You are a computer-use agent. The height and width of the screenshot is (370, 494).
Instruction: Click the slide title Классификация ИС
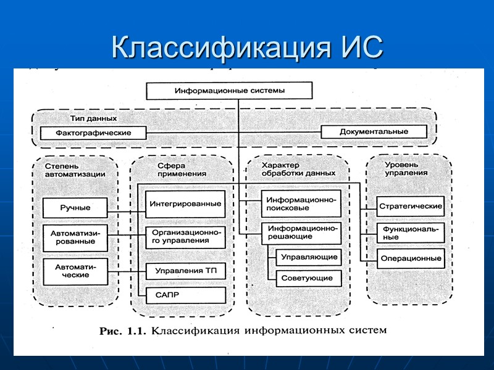(x=247, y=46)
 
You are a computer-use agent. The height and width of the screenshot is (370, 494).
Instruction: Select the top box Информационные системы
(x=230, y=91)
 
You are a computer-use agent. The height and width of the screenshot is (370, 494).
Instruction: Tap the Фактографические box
(x=93, y=133)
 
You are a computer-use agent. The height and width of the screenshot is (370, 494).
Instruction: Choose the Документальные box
(x=374, y=131)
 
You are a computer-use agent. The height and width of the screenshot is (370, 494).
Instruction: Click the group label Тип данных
(x=93, y=118)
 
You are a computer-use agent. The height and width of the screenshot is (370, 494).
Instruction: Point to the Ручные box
(x=75, y=208)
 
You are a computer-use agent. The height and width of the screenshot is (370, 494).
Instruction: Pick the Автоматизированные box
(x=75, y=237)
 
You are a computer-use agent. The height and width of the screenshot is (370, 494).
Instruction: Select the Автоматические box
(x=75, y=270)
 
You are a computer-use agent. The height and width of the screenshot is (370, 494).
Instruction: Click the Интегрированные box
(x=185, y=204)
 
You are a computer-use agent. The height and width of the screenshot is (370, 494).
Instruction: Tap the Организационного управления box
(x=185, y=237)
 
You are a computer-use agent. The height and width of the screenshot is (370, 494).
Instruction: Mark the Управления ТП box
(x=185, y=270)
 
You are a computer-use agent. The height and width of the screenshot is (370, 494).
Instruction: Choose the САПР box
(x=185, y=295)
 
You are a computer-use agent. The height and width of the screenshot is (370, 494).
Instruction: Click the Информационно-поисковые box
(x=301, y=203)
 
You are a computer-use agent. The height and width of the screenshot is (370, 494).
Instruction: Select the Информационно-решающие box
(x=301, y=232)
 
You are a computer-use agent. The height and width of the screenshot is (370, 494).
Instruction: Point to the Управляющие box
(x=308, y=257)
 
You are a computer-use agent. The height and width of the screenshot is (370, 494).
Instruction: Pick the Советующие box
(x=308, y=278)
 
